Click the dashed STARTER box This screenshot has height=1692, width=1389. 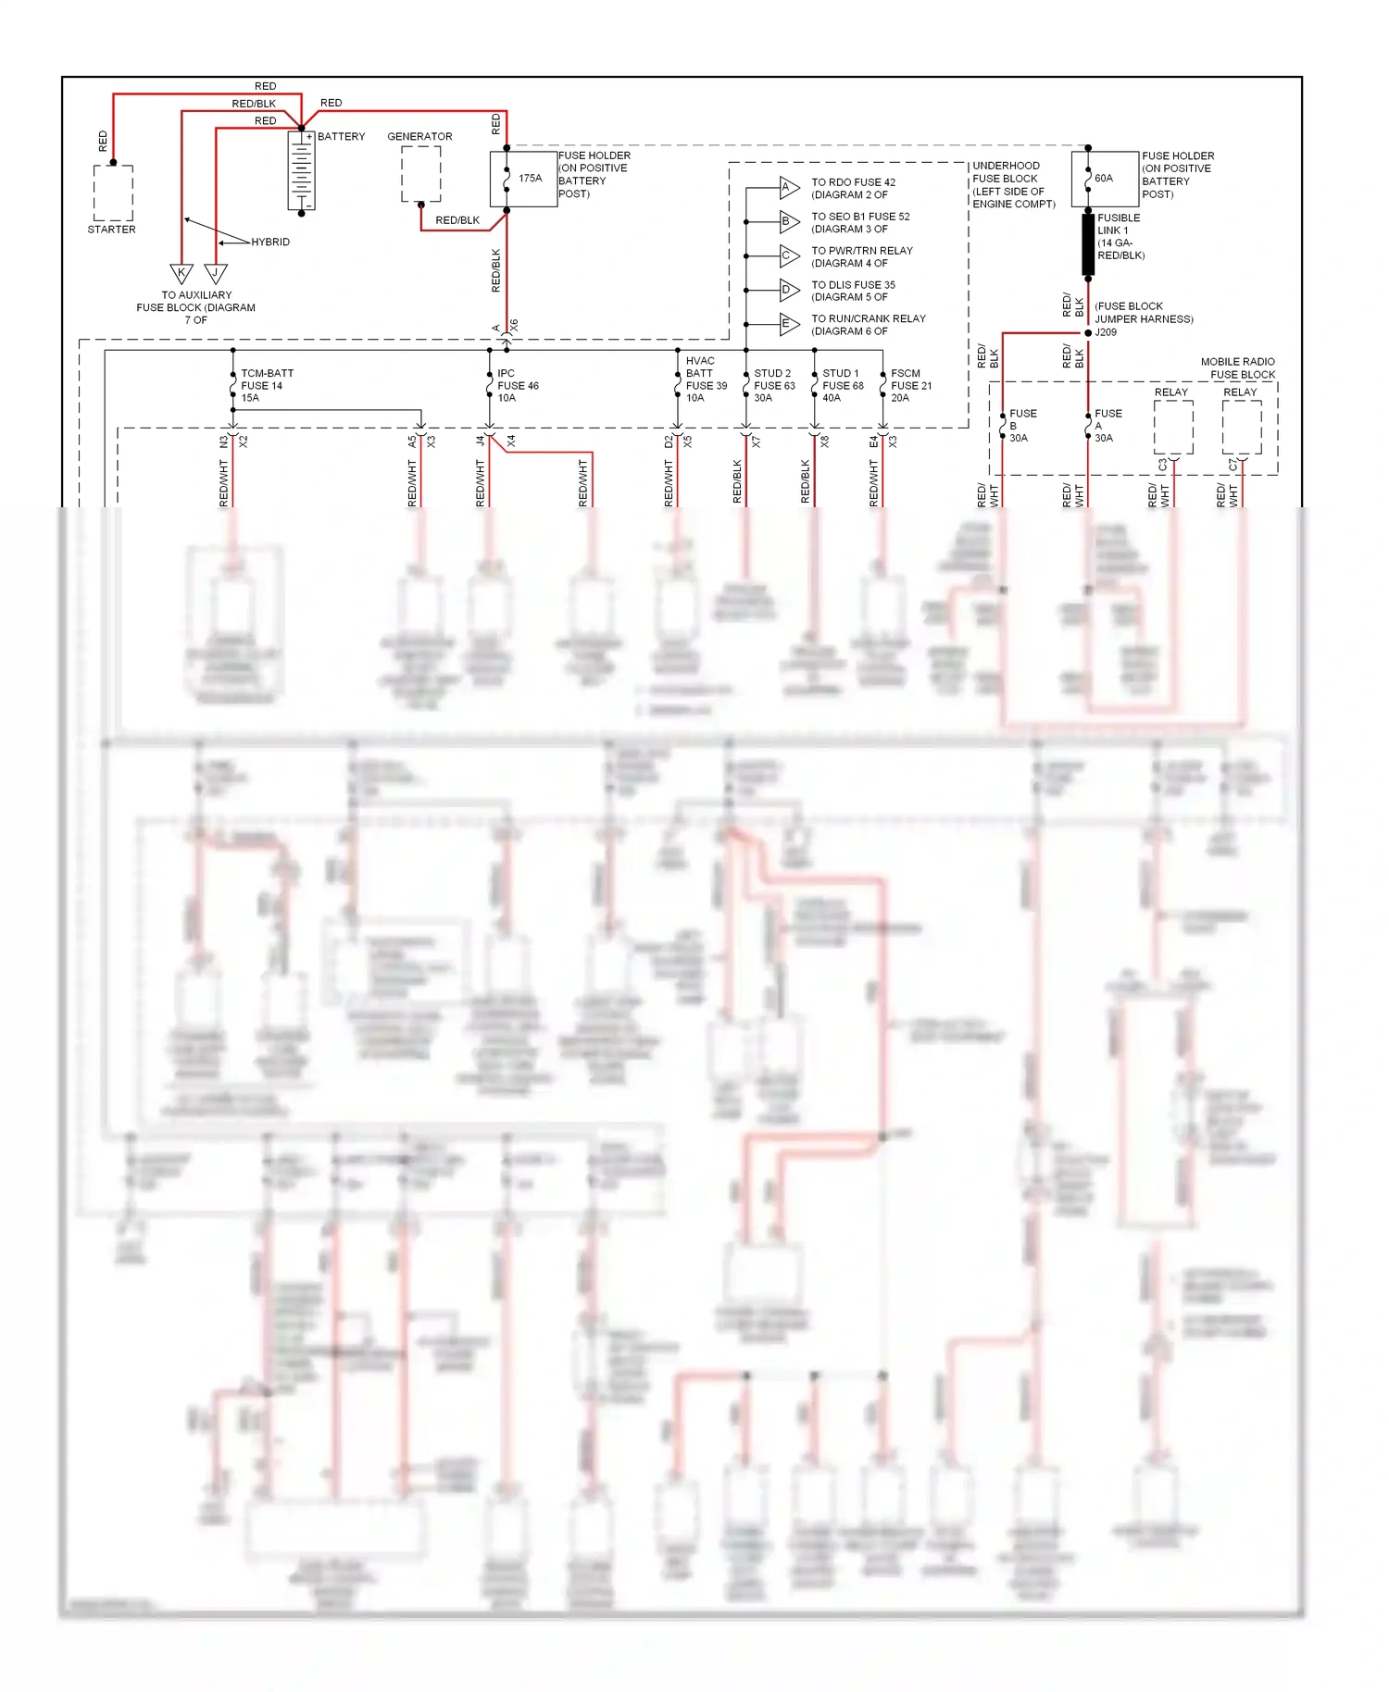(113, 193)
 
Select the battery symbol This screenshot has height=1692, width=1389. (302, 170)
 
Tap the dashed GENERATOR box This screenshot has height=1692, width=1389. (420, 173)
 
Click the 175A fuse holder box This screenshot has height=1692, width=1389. (523, 179)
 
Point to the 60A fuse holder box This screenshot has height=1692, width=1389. (1105, 179)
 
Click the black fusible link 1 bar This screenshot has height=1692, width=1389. (1088, 244)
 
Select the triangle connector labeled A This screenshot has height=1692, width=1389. (788, 188)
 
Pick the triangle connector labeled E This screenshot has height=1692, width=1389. (788, 324)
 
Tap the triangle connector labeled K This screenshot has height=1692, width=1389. (181, 273)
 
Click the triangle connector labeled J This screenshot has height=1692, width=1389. (216, 273)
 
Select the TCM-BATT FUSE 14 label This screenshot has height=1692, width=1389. (267, 385)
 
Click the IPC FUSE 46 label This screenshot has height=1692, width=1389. (518, 385)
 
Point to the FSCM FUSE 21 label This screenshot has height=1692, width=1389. (911, 385)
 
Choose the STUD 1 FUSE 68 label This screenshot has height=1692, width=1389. (843, 385)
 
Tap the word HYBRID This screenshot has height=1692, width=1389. (270, 243)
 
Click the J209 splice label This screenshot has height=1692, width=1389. (1106, 332)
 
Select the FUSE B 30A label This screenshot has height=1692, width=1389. (1022, 426)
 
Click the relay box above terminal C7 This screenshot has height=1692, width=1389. (1242, 428)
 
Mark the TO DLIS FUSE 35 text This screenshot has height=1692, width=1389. (853, 291)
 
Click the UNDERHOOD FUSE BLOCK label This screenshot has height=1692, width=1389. (1013, 184)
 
